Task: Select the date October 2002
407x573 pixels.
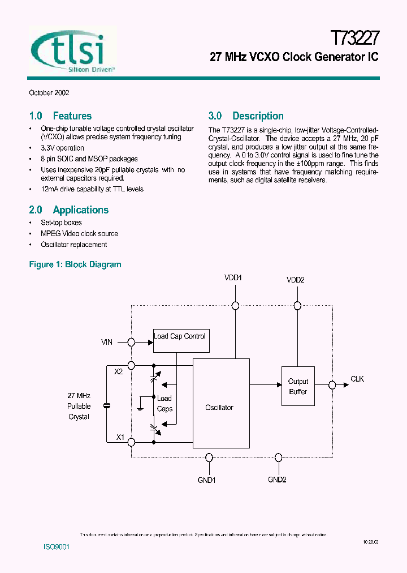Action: [49, 93]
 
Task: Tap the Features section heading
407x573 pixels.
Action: [60, 116]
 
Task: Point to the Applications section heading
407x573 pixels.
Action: [69, 210]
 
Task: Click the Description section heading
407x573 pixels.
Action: [246, 116]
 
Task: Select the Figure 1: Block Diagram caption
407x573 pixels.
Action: [75, 264]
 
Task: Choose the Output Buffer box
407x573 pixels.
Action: [298, 386]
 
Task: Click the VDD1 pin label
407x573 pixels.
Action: [233, 278]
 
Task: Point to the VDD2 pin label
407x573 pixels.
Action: [295, 280]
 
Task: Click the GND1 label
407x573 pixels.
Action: [207, 480]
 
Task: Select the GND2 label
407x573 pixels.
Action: [277, 480]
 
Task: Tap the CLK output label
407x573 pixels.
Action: [357, 379]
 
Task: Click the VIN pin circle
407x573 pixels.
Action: [132, 342]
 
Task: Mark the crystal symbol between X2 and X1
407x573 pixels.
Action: [106, 405]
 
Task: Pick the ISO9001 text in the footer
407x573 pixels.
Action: [57, 548]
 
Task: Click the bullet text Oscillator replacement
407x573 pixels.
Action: [74, 245]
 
